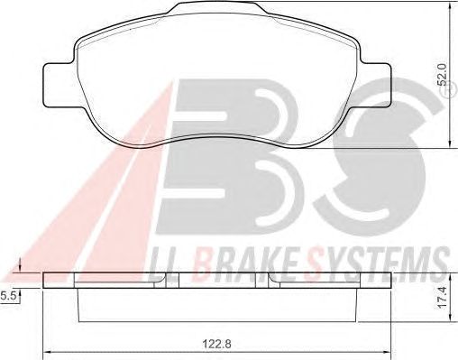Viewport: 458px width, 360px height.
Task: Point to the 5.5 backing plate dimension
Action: click(x=7, y=297)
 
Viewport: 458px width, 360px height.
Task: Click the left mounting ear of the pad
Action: click(x=59, y=85)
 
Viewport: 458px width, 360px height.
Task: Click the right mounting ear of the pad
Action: click(x=376, y=85)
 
